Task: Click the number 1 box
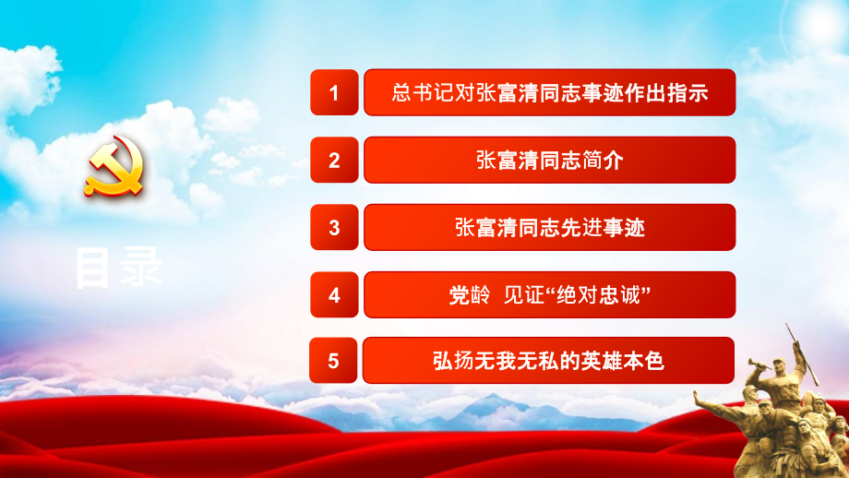coord(334,92)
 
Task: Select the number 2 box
coord(334,160)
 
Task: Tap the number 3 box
coord(334,227)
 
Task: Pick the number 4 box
coord(334,294)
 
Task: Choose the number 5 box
coord(334,362)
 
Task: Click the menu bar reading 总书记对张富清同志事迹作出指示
coord(550,92)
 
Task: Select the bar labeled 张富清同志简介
coord(550,160)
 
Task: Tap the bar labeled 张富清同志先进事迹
coord(550,227)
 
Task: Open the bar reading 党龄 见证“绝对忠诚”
coord(550,294)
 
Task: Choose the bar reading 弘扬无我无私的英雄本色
coord(550,362)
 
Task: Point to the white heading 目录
coord(118,268)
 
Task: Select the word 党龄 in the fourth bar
coord(465,295)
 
